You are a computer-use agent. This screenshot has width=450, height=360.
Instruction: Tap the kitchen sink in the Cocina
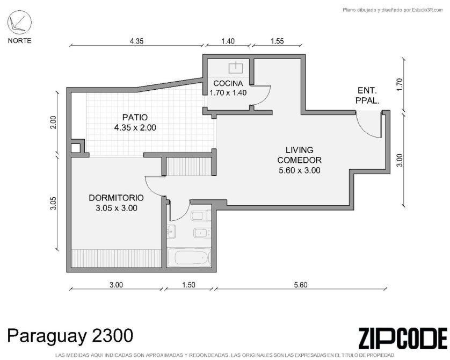pyautogui.click(x=236, y=68)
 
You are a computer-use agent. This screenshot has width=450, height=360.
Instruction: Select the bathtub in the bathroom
pyautogui.click(x=189, y=257)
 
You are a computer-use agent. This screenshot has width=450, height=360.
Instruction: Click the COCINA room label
pyautogui.click(x=228, y=83)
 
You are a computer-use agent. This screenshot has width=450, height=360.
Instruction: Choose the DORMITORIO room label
pyautogui.click(x=116, y=198)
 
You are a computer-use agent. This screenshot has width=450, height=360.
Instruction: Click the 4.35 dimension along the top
pyautogui.click(x=136, y=41)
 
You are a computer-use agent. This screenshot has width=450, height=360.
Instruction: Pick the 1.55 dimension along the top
pyautogui.click(x=277, y=41)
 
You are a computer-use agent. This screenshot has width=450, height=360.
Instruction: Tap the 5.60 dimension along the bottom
pyautogui.click(x=301, y=284)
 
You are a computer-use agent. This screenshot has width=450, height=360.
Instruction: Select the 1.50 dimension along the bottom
pyautogui.click(x=188, y=284)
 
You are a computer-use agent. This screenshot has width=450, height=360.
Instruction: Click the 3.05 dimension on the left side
pyautogui.click(x=53, y=203)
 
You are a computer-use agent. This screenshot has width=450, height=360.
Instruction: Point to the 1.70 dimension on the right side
pyautogui.click(x=400, y=85)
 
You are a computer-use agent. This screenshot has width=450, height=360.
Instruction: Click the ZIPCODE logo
pyautogui.click(x=403, y=337)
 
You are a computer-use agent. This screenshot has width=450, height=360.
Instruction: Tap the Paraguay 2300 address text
pyautogui.click(x=70, y=336)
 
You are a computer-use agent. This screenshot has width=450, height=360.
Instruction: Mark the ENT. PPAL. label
pyautogui.click(x=367, y=96)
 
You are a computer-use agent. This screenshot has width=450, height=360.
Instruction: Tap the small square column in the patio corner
pyautogui.click(x=76, y=148)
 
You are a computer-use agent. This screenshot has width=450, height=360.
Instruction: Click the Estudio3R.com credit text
pyautogui.click(x=393, y=10)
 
